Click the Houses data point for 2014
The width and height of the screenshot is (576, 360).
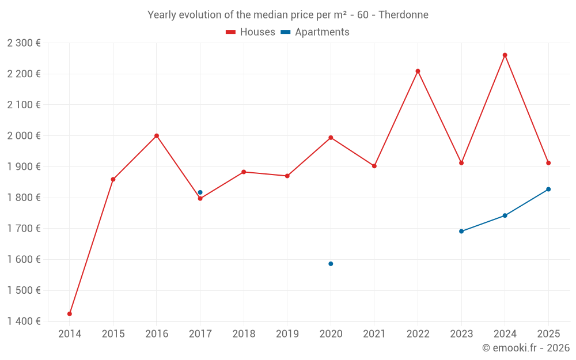point(70,314)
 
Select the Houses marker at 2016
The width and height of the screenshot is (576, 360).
point(157,136)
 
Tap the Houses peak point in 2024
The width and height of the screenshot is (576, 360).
point(505,55)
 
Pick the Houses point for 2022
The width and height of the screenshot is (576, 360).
point(418,71)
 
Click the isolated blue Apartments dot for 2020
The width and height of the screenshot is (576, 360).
point(331,264)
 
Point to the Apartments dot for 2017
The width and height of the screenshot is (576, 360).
point(200,192)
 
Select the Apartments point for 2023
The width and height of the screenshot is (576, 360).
point(461,232)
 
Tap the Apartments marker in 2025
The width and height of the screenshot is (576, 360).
point(548,190)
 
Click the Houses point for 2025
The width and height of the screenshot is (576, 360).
point(548,163)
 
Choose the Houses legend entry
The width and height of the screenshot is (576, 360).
point(251,32)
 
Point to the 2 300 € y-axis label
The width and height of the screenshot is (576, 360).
point(24,43)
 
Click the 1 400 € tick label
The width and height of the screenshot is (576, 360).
point(24,321)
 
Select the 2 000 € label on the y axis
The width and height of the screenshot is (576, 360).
point(24,136)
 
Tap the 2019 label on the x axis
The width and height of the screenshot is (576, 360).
point(287,334)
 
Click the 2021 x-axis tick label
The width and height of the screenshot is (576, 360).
point(374,334)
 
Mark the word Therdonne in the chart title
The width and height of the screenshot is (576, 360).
point(403,15)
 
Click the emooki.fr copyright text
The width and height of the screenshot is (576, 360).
point(526,348)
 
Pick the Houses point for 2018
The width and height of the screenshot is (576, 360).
point(244,172)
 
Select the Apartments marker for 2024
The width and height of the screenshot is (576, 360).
point(505,215)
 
